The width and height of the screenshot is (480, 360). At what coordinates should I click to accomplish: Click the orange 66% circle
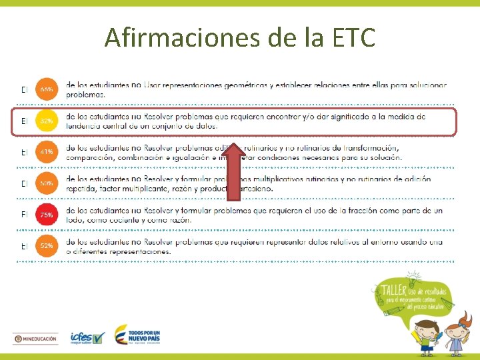(x=46, y=89)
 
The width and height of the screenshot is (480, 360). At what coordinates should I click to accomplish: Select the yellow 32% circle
(x=46, y=121)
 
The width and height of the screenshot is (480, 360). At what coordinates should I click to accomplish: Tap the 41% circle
(x=46, y=152)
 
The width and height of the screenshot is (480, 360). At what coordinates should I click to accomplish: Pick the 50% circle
(x=46, y=183)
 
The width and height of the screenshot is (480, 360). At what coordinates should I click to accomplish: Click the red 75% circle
(x=46, y=215)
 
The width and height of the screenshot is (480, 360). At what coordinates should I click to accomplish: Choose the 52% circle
(x=46, y=246)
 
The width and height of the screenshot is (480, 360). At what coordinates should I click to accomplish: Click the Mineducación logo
(x=35, y=339)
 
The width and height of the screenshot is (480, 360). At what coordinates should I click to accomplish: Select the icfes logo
(x=87, y=338)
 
